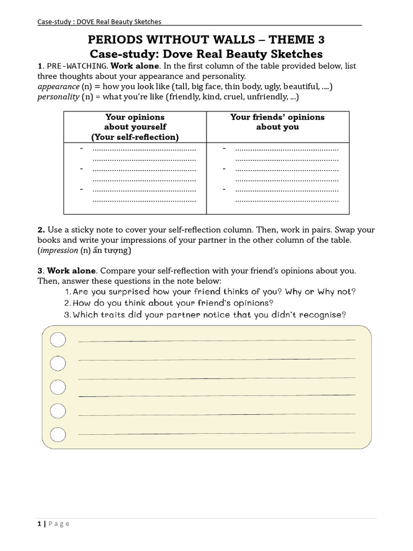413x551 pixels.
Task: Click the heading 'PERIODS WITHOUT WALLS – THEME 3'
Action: (x=206, y=40)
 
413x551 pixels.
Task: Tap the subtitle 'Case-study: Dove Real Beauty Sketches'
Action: (x=206, y=54)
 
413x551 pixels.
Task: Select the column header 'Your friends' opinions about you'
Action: (x=277, y=122)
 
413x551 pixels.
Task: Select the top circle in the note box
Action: (x=58, y=340)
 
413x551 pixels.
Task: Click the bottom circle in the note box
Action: (x=58, y=434)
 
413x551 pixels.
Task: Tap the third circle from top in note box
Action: (x=58, y=387)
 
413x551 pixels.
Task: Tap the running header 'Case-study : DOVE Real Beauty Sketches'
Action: (x=99, y=22)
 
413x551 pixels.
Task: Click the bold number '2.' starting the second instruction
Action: (x=41, y=230)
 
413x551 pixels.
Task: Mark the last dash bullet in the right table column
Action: (x=224, y=189)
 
